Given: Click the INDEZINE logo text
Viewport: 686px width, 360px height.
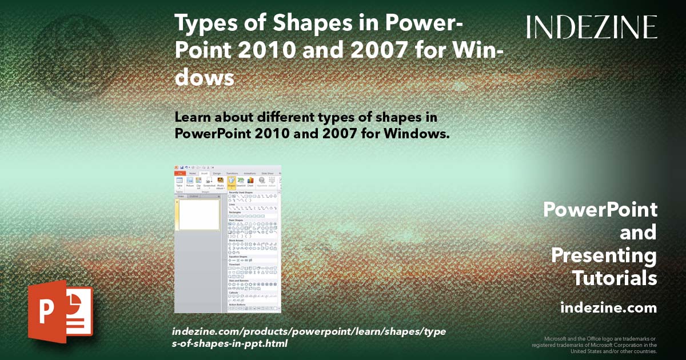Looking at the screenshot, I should point(592,27).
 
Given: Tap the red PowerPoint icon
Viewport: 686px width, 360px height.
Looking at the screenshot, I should point(60,311).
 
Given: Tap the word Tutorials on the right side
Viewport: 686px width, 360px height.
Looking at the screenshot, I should point(615,278).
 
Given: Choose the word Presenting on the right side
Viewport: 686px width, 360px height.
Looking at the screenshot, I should point(604,255).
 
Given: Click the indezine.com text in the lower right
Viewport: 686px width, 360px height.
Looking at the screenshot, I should point(609,308).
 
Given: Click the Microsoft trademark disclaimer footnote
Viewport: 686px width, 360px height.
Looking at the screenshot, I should point(595,345).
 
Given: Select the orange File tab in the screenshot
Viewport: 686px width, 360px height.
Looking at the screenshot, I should point(180,173).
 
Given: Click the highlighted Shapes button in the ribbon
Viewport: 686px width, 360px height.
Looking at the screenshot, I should point(232,182).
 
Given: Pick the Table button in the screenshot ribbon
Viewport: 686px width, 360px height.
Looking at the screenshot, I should point(179,182).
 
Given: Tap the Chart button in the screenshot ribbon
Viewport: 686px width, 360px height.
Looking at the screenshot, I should point(250,182).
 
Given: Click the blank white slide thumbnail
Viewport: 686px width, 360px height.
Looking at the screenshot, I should point(200,214).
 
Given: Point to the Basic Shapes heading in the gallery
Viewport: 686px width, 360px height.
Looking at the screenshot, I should point(236,220).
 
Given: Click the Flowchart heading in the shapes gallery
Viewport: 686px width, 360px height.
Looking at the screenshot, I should point(234,265).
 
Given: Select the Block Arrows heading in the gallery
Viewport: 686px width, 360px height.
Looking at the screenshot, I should point(236,240).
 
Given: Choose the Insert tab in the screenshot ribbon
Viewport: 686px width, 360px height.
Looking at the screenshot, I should point(204,173).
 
